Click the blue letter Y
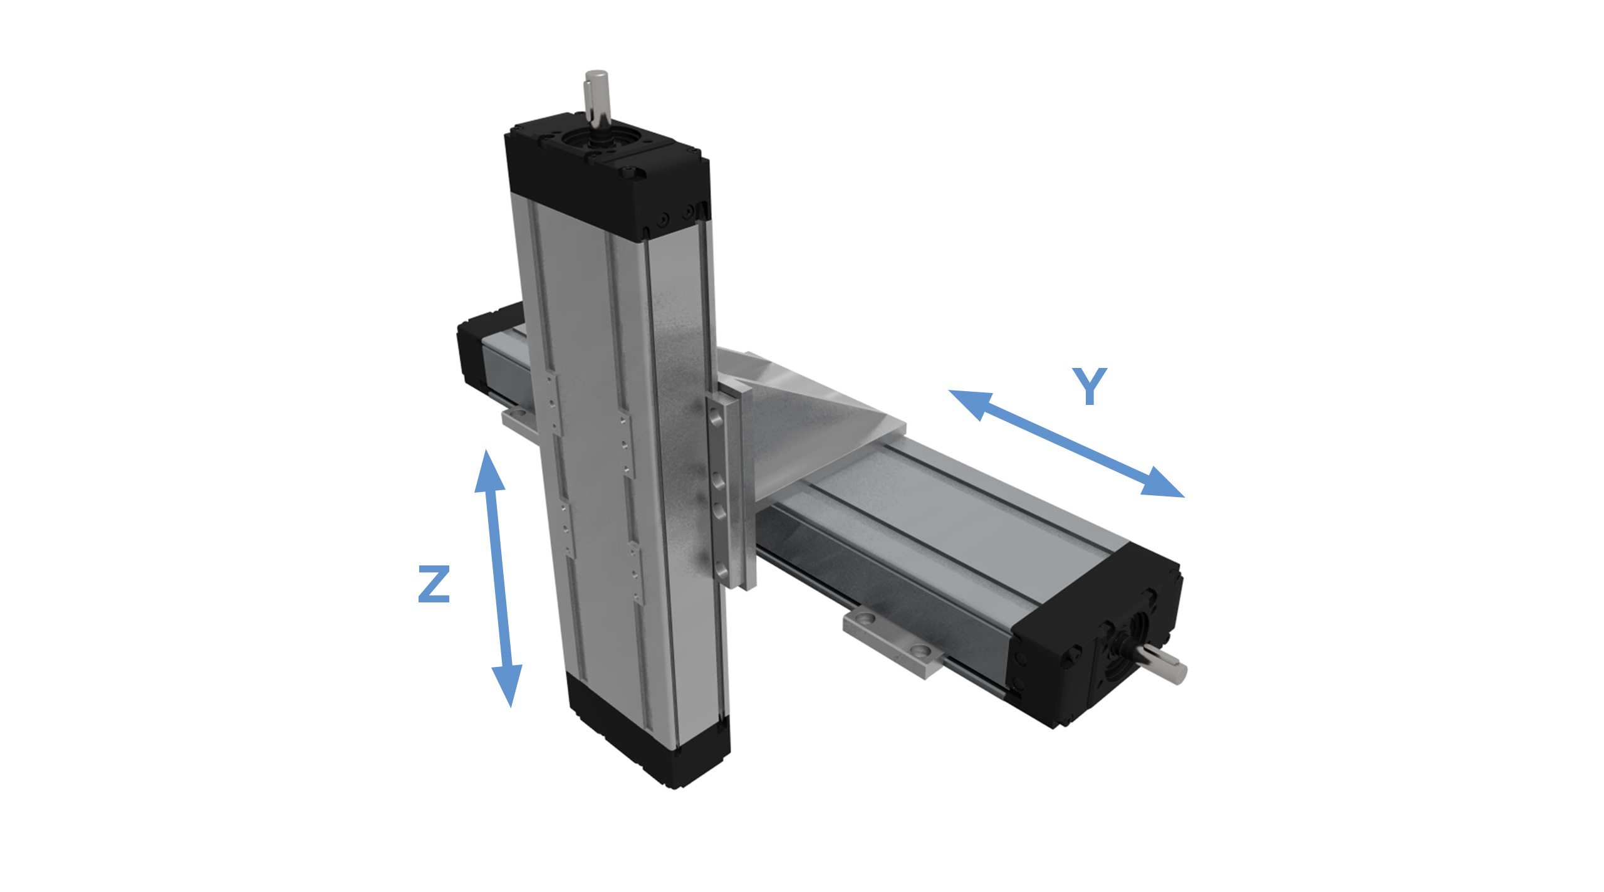1090,386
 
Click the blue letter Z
434,584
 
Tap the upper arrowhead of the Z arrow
489,471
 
